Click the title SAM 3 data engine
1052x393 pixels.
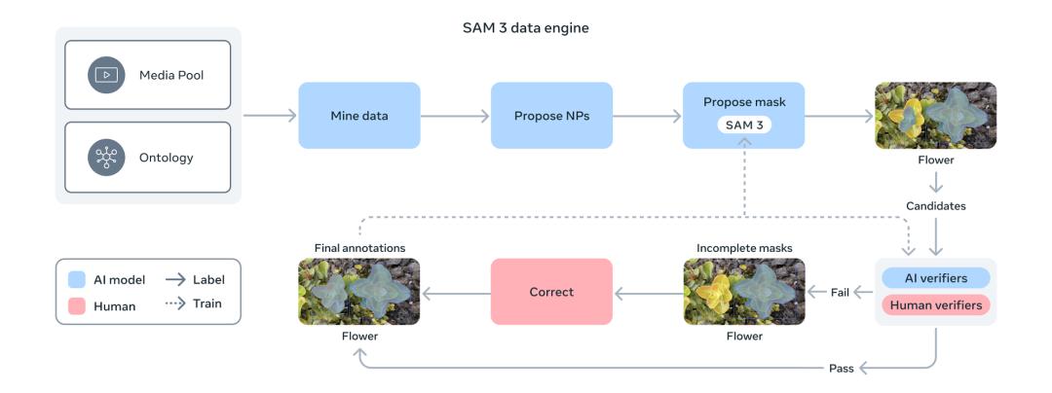coord(525,28)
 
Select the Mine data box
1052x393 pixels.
coord(358,116)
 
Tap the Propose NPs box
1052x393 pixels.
coord(551,116)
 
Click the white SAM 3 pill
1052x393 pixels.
coord(744,126)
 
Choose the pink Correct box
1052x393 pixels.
coord(551,291)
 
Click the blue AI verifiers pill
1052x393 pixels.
coord(935,278)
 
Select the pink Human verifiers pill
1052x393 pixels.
coord(935,304)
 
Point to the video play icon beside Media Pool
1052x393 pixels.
coord(105,75)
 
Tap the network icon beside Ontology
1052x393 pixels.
coord(105,157)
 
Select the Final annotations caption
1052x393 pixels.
coord(358,248)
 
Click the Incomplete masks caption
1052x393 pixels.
coord(744,248)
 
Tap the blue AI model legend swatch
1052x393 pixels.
coord(78,280)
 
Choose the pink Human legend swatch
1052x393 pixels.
coord(78,304)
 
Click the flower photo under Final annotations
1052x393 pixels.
coord(358,291)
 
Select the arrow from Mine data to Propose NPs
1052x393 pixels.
coord(455,116)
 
